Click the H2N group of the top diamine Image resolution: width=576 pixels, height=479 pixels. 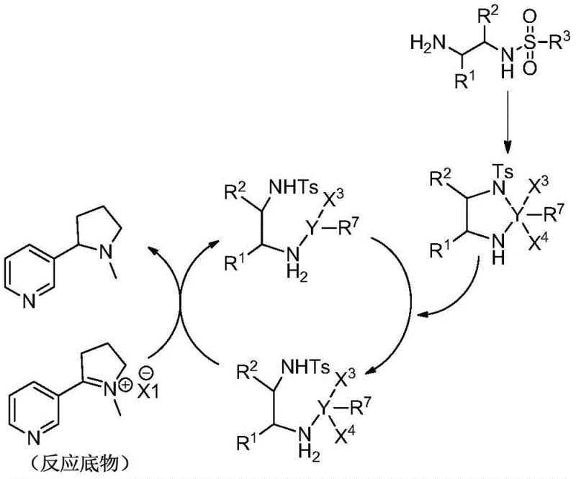423,44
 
